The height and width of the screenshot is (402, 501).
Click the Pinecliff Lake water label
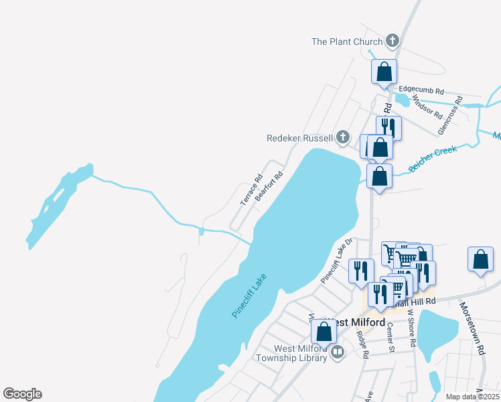[250, 295]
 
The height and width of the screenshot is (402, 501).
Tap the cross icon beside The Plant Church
[392, 42]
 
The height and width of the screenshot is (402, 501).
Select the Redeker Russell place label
[299, 138]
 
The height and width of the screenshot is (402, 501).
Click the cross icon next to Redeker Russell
[343, 138]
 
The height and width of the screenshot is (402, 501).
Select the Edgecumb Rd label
[421, 90]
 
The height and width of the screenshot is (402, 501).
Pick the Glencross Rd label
[449, 115]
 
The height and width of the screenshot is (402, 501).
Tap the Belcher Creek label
[433, 159]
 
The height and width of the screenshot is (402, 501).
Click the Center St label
[390, 337]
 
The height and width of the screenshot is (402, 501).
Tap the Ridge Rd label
[363, 345]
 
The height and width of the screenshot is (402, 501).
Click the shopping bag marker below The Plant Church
[384, 72]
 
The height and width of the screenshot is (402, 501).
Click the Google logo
[22, 394]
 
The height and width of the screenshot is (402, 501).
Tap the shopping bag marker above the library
[324, 331]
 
